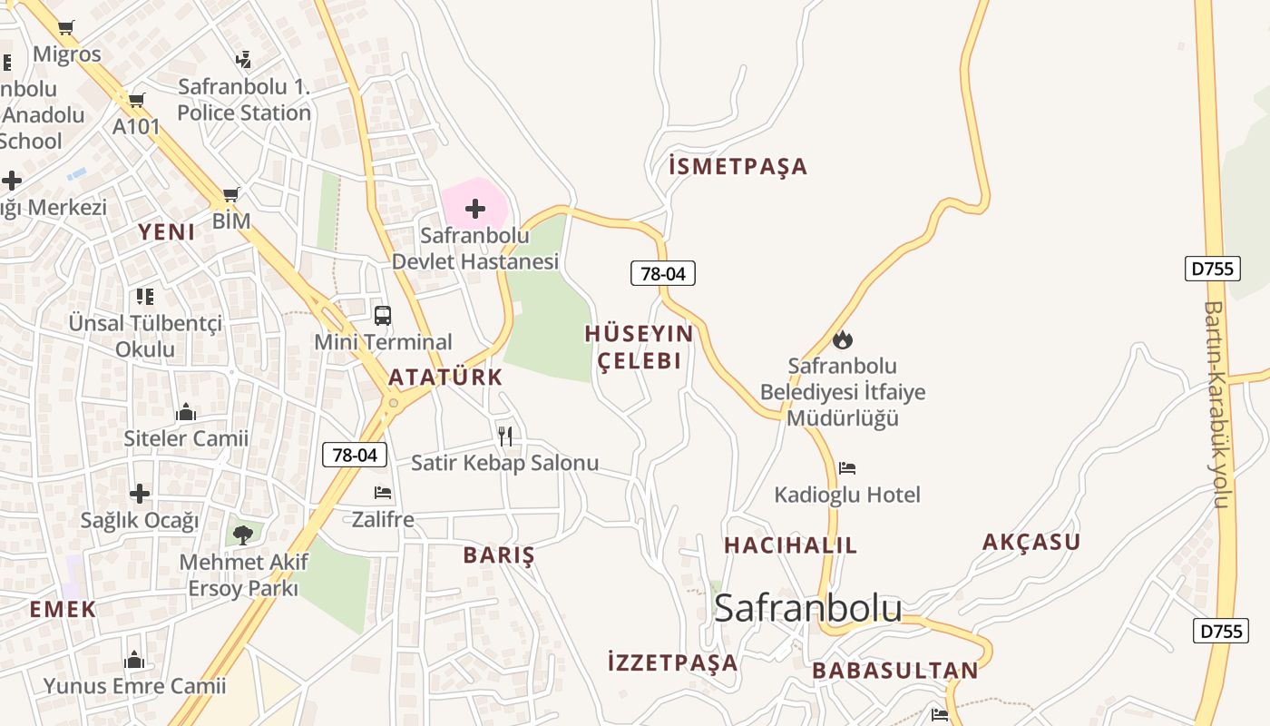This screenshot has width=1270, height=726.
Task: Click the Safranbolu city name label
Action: pyautogui.click(x=807, y=609)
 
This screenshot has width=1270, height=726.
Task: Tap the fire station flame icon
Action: pyautogui.click(x=843, y=340)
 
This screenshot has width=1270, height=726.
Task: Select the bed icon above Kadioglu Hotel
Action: pyautogui.click(x=847, y=468)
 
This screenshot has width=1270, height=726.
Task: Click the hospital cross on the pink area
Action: pyautogui.click(x=475, y=210)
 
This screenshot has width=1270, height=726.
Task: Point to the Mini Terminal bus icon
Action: pyautogui.click(x=383, y=316)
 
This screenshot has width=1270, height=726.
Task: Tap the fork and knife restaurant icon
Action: pyautogui.click(x=505, y=437)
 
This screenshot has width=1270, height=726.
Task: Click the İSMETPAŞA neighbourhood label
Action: pyautogui.click(x=738, y=167)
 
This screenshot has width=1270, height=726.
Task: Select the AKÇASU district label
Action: pyautogui.click(x=1031, y=543)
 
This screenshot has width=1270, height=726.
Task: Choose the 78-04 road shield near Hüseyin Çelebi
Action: pyautogui.click(x=663, y=273)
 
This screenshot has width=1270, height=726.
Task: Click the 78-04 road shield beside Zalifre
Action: pyautogui.click(x=355, y=456)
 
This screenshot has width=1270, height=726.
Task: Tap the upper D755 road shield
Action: pyautogui.click(x=1213, y=269)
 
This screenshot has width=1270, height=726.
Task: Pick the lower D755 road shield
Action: pyautogui.click(x=1221, y=631)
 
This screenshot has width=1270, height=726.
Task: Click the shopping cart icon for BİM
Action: pyautogui.click(x=231, y=194)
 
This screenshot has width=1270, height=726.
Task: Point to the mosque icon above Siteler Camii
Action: pyautogui.click(x=186, y=413)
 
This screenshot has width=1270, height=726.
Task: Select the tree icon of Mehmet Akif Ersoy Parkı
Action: pyautogui.click(x=243, y=535)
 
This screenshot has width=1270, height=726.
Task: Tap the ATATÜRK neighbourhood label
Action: pyautogui.click(x=445, y=378)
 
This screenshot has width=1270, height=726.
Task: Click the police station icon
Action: pyautogui.click(x=243, y=60)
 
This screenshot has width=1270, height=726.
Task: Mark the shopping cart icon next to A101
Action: pyautogui.click(x=136, y=100)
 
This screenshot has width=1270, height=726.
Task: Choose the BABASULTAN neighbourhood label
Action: pyautogui.click(x=895, y=672)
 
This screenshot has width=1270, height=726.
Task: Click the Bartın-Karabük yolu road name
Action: pyautogui.click(x=1216, y=404)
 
